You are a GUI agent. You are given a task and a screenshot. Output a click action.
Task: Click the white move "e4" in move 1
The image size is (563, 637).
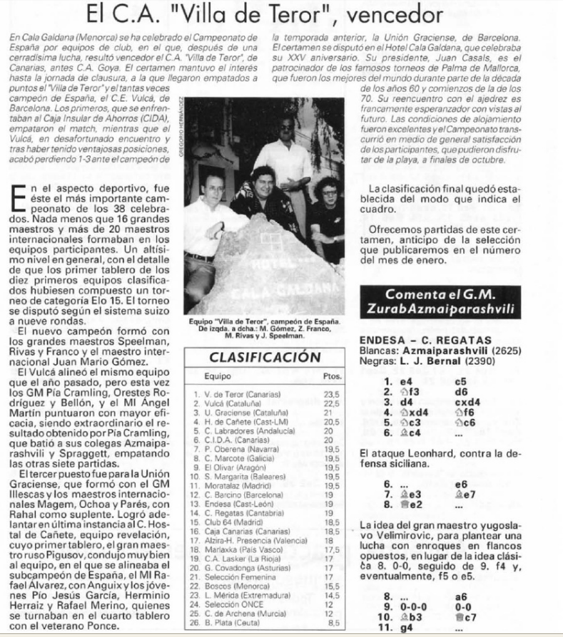coord(410,381)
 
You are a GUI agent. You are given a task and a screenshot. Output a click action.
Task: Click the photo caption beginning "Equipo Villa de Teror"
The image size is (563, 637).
coord(258,326)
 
